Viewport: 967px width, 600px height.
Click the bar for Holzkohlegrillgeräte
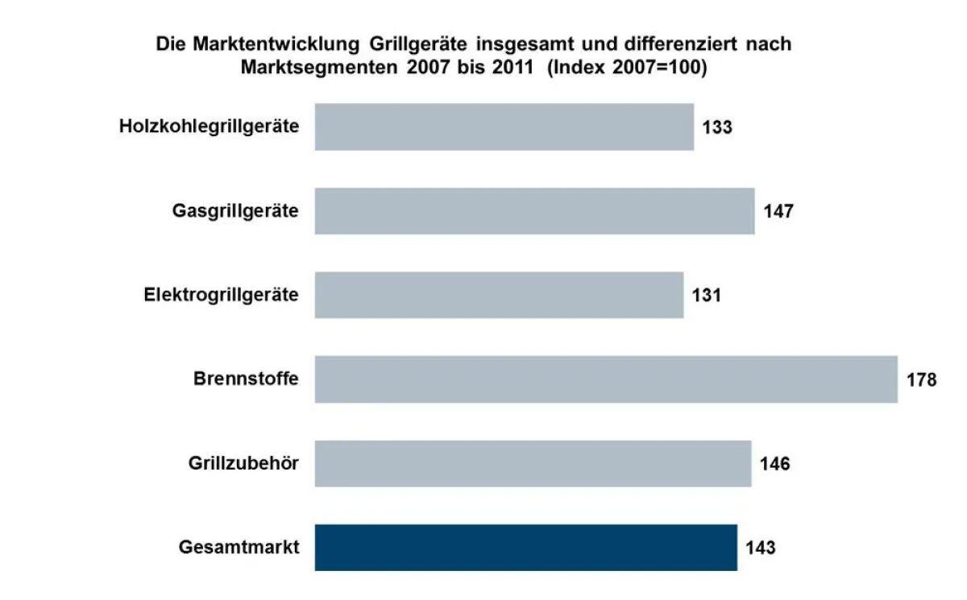504,126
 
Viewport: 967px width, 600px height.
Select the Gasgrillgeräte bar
534,211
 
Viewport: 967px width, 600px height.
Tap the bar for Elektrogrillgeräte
499,295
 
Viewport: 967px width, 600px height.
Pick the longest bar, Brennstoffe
606,379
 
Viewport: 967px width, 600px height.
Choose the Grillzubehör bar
533,463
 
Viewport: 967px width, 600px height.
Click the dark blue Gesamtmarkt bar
525,548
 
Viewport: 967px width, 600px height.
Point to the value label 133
716,127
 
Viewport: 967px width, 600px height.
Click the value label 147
778,211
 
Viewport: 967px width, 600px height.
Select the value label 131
706,296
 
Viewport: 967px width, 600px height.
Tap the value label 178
921,379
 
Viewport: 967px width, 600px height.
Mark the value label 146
774,464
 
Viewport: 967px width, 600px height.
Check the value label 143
760,548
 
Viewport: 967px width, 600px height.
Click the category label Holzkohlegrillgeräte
209,126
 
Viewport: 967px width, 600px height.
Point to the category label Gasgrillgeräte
235,211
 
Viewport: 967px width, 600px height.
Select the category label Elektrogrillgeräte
221,295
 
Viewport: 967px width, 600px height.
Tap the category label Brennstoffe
246,379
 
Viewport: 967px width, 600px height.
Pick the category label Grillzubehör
243,463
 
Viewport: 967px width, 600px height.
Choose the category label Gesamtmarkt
239,548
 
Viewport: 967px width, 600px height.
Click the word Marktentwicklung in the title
274,44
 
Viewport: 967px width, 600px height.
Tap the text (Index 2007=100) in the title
627,68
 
